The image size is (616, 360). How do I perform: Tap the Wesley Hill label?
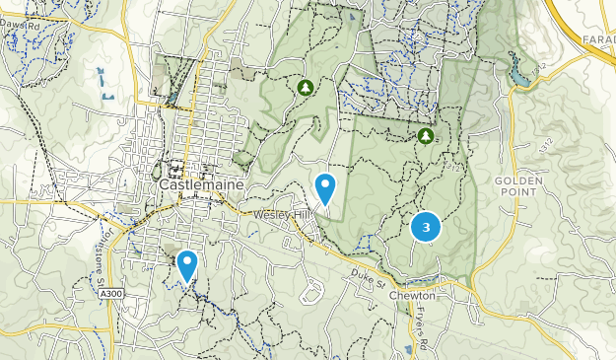pyautogui.click(x=283, y=214)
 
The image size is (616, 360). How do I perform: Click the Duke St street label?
pyautogui.click(x=367, y=280)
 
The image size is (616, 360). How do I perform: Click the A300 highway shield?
pyautogui.click(x=111, y=293)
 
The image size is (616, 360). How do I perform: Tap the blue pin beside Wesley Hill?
pyautogui.click(x=324, y=186)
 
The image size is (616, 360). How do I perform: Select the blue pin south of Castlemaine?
pyautogui.click(x=186, y=264)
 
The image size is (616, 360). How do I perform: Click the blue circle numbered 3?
pyautogui.click(x=425, y=228)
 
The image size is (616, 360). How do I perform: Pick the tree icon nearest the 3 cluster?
pyautogui.click(x=425, y=136)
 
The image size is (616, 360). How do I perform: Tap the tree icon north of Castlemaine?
pyautogui.click(x=306, y=88)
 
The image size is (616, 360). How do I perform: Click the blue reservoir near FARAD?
pyautogui.click(x=517, y=72)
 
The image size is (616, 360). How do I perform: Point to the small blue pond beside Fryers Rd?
pyautogui.click(x=407, y=349)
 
